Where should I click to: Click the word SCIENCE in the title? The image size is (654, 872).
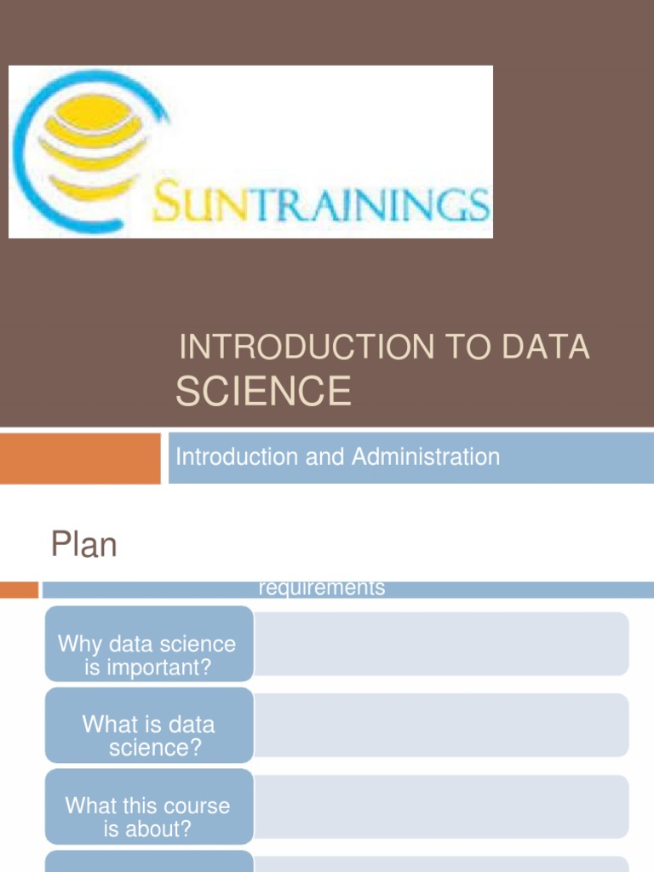tap(263, 391)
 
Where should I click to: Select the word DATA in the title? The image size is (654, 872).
tap(545, 347)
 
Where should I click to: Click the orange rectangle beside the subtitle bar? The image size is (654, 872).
tap(80, 458)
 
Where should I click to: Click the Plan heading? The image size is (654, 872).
tap(83, 544)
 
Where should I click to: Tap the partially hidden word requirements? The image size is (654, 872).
tap(321, 588)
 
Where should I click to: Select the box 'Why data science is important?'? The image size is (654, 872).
tap(148, 655)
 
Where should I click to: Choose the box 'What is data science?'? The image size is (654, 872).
tap(148, 736)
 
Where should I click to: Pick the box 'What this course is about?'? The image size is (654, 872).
tap(148, 817)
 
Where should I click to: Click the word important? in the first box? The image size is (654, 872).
tap(148, 667)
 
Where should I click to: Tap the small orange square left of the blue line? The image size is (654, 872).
tap(19, 589)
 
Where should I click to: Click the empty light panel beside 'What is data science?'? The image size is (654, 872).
tap(441, 725)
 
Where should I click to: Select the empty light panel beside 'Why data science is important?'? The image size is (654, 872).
tap(441, 644)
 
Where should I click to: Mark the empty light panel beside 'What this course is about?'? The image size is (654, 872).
tap(441, 806)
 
